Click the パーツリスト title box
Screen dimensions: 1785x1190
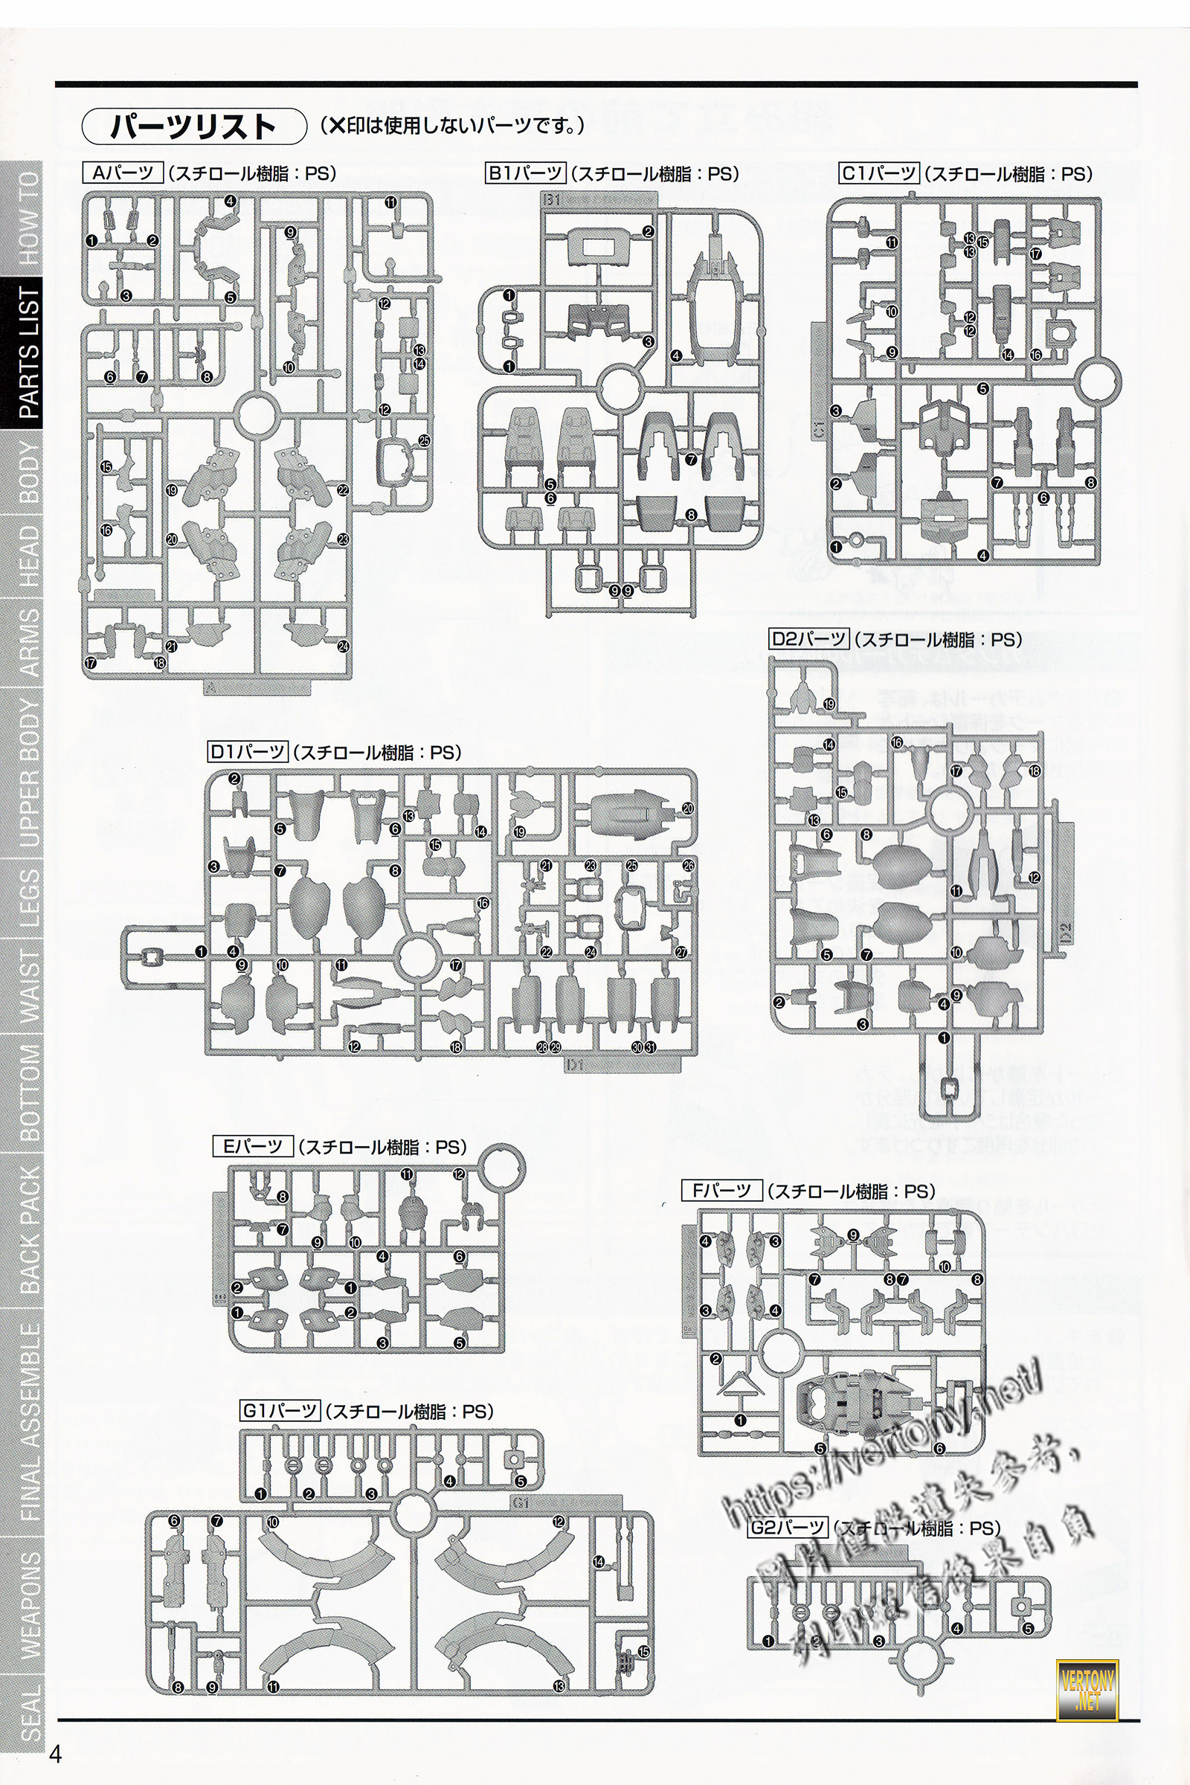tap(193, 126)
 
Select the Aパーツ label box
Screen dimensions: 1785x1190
tap(122, 173)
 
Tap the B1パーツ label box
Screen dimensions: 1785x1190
tap(525, 174)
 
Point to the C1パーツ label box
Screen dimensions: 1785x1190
tap(879, 173)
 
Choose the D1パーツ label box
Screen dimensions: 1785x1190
tap(248, 752)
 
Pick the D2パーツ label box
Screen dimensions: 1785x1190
tap(809, 639)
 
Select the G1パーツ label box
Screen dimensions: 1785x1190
tap(280, 1411)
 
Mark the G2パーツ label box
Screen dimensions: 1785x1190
tap(788, 1527)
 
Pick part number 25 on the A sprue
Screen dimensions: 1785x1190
tap(424, 440)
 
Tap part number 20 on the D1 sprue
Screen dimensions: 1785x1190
tap(687, 809)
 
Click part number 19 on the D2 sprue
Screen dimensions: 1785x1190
tap(829, 704)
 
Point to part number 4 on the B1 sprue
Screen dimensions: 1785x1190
tap(676, 355)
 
